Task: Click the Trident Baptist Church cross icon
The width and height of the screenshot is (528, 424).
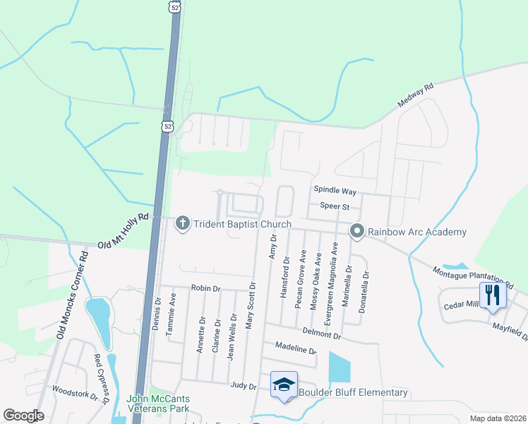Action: coord(183,224)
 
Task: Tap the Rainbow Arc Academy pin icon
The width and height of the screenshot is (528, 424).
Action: coord(357,231)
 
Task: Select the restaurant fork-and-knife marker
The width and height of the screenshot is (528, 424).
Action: coord(492,295)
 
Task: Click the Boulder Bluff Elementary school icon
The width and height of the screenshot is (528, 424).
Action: coord(284,384)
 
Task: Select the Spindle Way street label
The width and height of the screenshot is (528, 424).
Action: coord(335,192)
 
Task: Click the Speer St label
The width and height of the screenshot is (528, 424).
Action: coord(335,206)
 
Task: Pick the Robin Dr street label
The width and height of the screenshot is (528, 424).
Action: coord(206,288)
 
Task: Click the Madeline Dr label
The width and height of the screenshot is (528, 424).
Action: coord(296,350)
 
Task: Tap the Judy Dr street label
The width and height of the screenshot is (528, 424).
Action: coord(243,385)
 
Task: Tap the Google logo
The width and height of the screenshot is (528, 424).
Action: coord(24,416)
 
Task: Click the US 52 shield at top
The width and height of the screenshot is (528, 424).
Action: coord(174,6)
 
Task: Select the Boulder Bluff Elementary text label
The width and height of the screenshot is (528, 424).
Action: coord(353,392)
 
